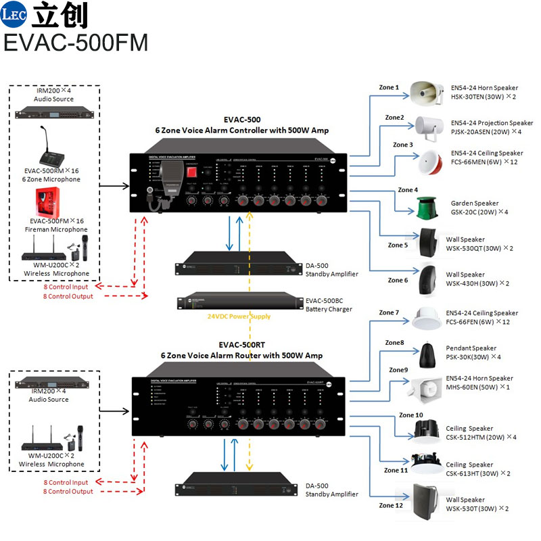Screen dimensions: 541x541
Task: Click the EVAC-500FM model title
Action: click(x=76, y=42)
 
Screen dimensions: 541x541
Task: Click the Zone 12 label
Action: click(x=391, y=505)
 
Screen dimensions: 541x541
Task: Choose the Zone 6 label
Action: click(x=398, y=280)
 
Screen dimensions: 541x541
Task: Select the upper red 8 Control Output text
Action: click(x=69, y=296)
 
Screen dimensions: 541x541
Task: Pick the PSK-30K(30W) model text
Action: click(x=467, y=356)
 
